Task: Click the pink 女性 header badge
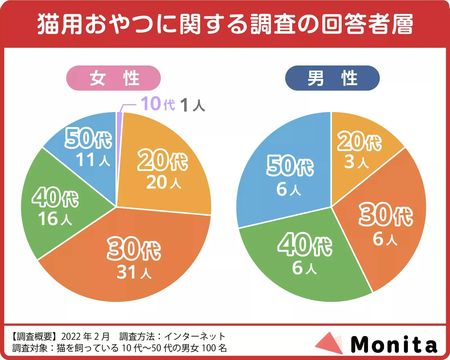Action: click(113, 78)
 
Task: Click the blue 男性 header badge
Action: click(332, 78)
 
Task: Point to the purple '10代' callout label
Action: click(158, 104)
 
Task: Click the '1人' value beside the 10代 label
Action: click(193, 105)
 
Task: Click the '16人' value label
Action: click(55, 219)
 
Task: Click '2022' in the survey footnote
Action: click(71, 336)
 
